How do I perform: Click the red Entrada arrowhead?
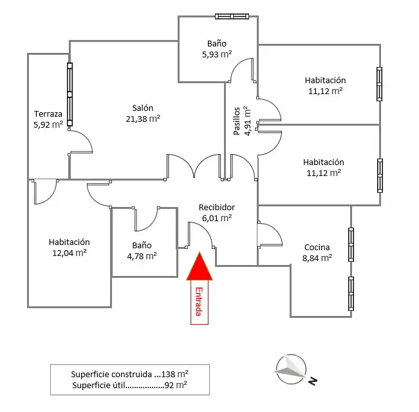point(200,267)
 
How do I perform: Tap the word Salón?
point(143,108)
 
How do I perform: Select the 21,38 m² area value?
point(143,119)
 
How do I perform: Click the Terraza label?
point(48,113)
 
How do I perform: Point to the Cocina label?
point(317,247)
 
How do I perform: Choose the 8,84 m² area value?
point(317,258)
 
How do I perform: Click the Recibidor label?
point(217,207)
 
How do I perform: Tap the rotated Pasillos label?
point(236,121)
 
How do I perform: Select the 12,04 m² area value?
point(70,253)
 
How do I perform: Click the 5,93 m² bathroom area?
point(217,54)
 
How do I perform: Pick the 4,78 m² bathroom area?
point(142,256)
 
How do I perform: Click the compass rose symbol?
point(291,369)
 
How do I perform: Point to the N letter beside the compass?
point(313,380)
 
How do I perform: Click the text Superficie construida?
point(111,374)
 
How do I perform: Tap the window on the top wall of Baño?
point(232,17)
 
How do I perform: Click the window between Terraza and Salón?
point(70,95)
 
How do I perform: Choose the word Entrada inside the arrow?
point(199,302)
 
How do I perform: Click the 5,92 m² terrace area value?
point(48,124)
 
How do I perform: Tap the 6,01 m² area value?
point(217,218)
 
